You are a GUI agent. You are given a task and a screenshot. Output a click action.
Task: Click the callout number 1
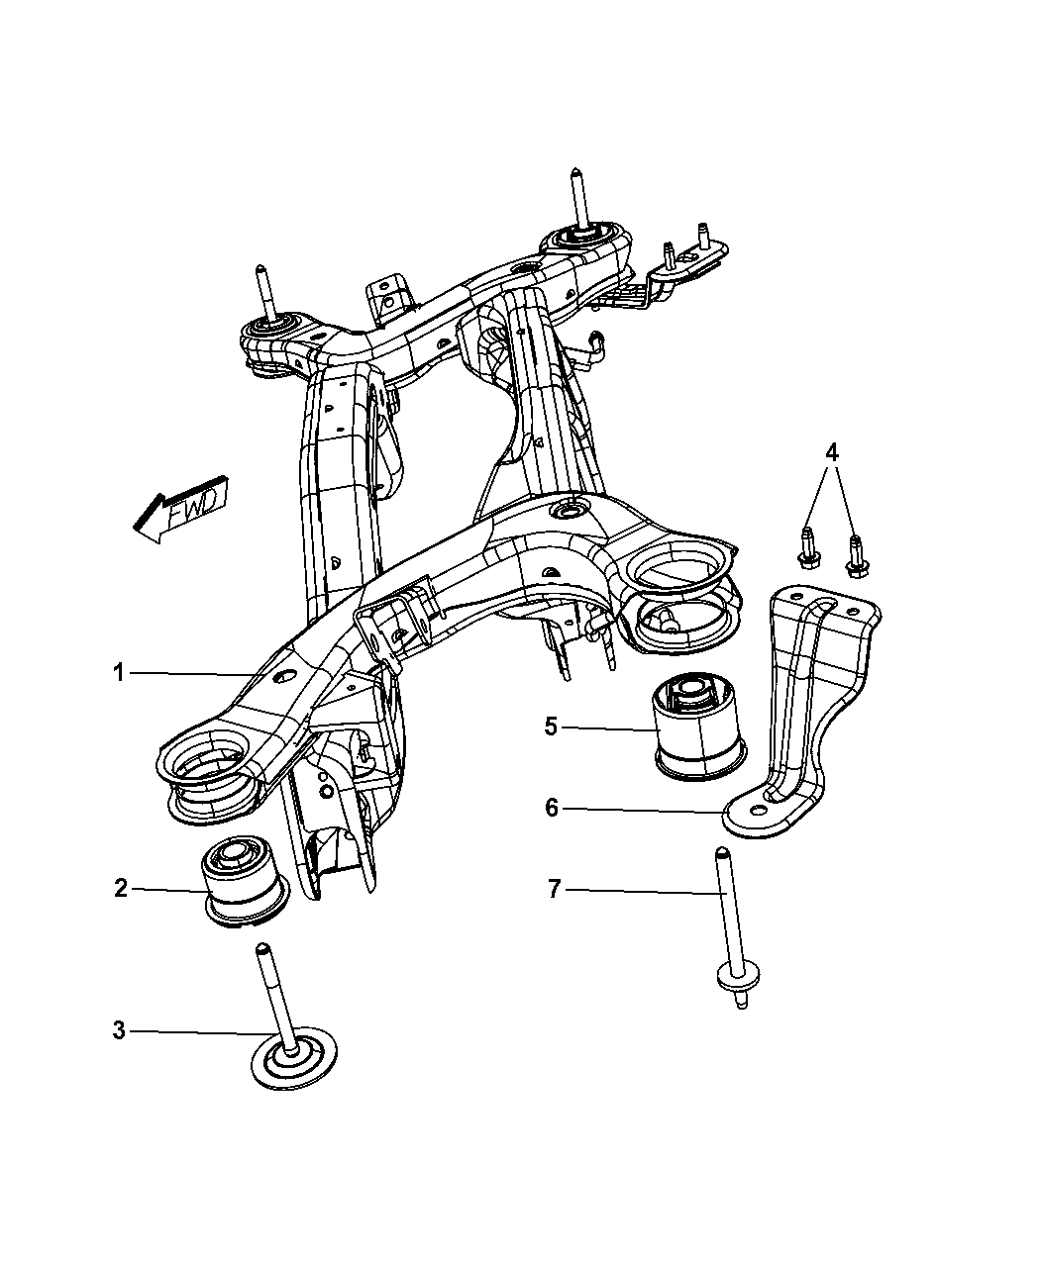click(x=118, y=674)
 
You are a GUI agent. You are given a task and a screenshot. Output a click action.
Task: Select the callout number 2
click(x=120, y=889)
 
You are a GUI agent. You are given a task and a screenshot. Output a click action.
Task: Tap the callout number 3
click(x=119, y=1031)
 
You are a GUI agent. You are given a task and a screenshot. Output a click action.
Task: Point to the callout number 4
click(x=831, y=453)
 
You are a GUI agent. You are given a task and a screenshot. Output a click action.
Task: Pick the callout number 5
click(x=551, y=727)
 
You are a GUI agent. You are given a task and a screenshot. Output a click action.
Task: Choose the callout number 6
click(x=551, y=808)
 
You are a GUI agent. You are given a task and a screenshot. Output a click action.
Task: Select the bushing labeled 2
click(x=240, y=881)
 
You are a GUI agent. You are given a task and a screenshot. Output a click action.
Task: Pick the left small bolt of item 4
click(x=808, y=548)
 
